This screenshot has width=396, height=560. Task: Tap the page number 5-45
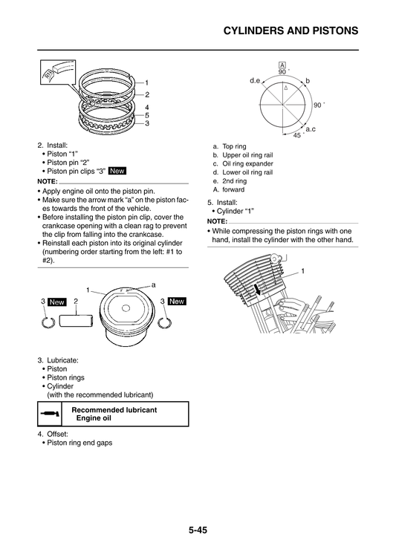[x=198, y=530]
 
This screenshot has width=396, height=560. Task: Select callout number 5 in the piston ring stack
[x=146, y=115]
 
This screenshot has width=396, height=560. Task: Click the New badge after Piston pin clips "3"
[x=117, y=171]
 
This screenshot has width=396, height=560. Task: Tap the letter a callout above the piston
[x=153, y=284]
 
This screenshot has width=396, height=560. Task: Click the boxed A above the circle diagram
[x=282, y=65]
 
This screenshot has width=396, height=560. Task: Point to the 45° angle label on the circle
[x=297, y=135]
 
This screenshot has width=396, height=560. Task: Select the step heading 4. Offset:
[x=53, y=433]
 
